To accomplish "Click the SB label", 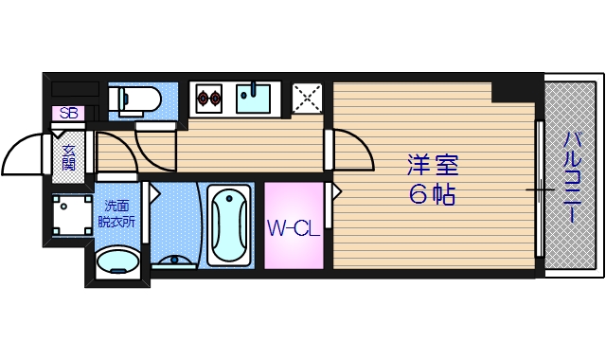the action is pos(67,113).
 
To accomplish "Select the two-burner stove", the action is pos(208,97).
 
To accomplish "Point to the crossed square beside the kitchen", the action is pos(306,96).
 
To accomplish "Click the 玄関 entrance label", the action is pos(69,157).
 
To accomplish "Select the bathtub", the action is pos(228,225).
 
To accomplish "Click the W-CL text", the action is pos(292,227).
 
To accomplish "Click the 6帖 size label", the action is pos(433,195).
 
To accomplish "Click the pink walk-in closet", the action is pos(292,227).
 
